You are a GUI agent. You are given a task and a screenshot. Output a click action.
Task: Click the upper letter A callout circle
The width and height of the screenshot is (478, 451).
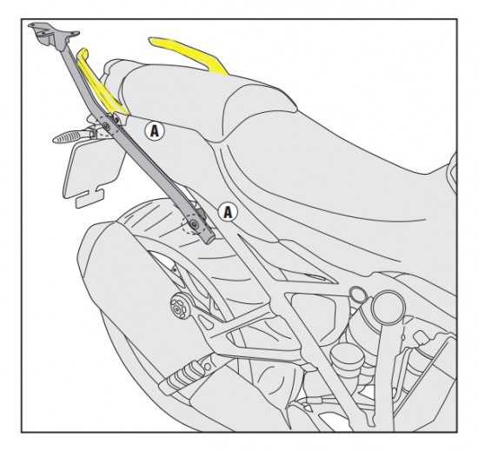click(x=155, y=131)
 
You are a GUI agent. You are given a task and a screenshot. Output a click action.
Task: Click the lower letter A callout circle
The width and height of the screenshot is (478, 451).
click(x=228, y=212)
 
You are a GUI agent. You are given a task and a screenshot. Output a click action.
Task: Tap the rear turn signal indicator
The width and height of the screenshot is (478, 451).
click(x=68, y=136)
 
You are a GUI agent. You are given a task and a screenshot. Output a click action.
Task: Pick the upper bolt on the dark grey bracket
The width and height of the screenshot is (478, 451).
click(x=106, y=125)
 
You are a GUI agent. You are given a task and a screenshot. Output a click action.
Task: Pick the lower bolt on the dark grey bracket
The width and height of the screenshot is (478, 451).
click(x=194, y=224)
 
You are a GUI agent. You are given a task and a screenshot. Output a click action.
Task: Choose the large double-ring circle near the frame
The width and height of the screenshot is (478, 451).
click(x=387, y=308)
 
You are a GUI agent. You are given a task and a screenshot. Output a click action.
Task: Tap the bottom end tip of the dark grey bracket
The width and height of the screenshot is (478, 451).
click(x=209, y=239)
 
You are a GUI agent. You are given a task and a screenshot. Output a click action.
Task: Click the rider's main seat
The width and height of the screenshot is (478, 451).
click(x=335, y=170)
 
